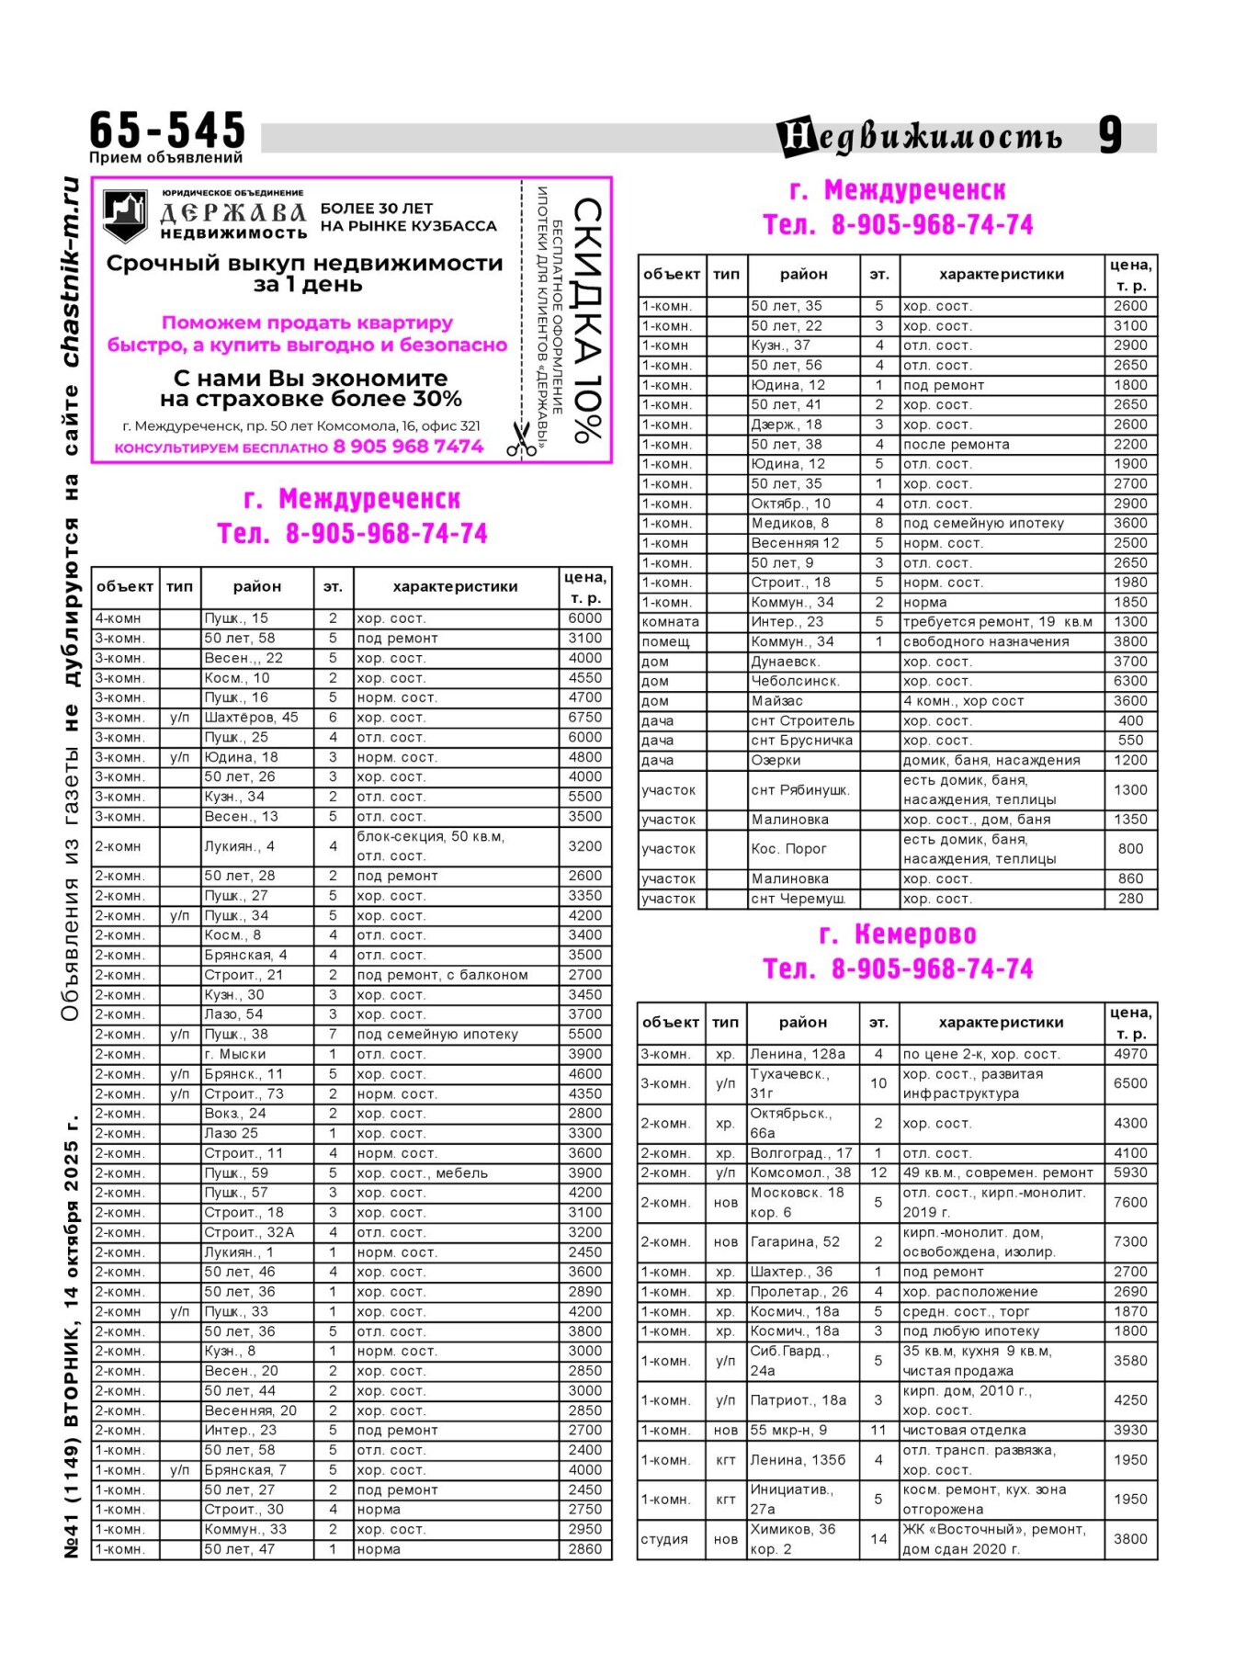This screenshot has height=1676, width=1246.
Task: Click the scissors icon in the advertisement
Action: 521,438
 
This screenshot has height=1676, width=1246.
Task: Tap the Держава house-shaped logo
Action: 125,215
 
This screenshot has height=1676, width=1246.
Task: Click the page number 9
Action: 1110,136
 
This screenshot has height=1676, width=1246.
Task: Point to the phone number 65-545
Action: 167,130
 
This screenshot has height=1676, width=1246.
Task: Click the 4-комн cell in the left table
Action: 125,618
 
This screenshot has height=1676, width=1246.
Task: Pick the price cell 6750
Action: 584,718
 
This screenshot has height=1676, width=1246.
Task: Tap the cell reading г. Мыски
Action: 234,1054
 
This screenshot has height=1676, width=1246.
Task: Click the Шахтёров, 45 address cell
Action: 251,718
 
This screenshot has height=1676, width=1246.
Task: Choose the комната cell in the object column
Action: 671,622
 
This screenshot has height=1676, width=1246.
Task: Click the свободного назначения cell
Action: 986,641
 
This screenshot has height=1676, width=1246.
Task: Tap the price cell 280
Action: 1130,899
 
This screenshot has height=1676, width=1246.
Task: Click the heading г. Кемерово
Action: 897,934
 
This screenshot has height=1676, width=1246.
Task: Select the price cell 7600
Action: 1130,1202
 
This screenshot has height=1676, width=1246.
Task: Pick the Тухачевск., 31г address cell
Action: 790,1083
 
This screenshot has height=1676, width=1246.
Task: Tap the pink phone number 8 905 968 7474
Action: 408,447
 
